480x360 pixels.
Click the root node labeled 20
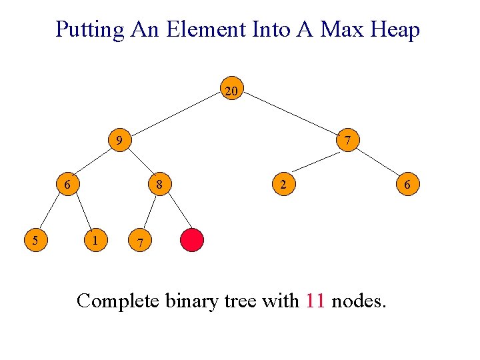coord(231,91)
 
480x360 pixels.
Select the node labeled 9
coord(119,141)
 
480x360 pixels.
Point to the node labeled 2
coord(283,185)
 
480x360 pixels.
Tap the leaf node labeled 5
coord(35,239)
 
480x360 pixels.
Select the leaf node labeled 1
coord(97,239)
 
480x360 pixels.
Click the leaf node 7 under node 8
coord(138,241)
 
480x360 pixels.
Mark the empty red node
coord(192,240)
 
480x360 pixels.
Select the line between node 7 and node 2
coord(316,162)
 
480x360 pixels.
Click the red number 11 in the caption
coord(315,301)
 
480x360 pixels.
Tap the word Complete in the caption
coord(118,301)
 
